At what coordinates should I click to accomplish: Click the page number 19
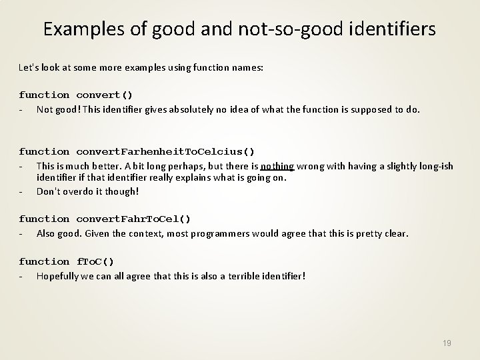point(447,343)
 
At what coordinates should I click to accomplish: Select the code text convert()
point(105,95)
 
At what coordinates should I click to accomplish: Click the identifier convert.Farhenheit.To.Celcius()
point(165,151)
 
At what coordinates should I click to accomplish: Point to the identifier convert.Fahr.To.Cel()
point(133,219)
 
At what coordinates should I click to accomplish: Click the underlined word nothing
point(277,165)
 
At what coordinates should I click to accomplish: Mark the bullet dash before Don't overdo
point(22,191)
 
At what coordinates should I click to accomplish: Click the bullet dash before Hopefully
point(22,275)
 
